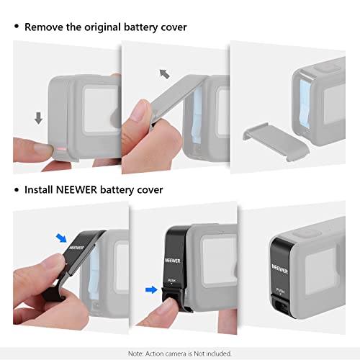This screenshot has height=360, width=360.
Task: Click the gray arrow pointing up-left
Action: tap(164, 73)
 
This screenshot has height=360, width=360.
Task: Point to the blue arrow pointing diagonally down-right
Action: tap(62, 237)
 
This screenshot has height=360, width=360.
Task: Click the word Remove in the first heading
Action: tap(45, 27)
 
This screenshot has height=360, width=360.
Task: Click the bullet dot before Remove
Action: tap(16, 27)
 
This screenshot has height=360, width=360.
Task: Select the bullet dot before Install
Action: tap(16, 190)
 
